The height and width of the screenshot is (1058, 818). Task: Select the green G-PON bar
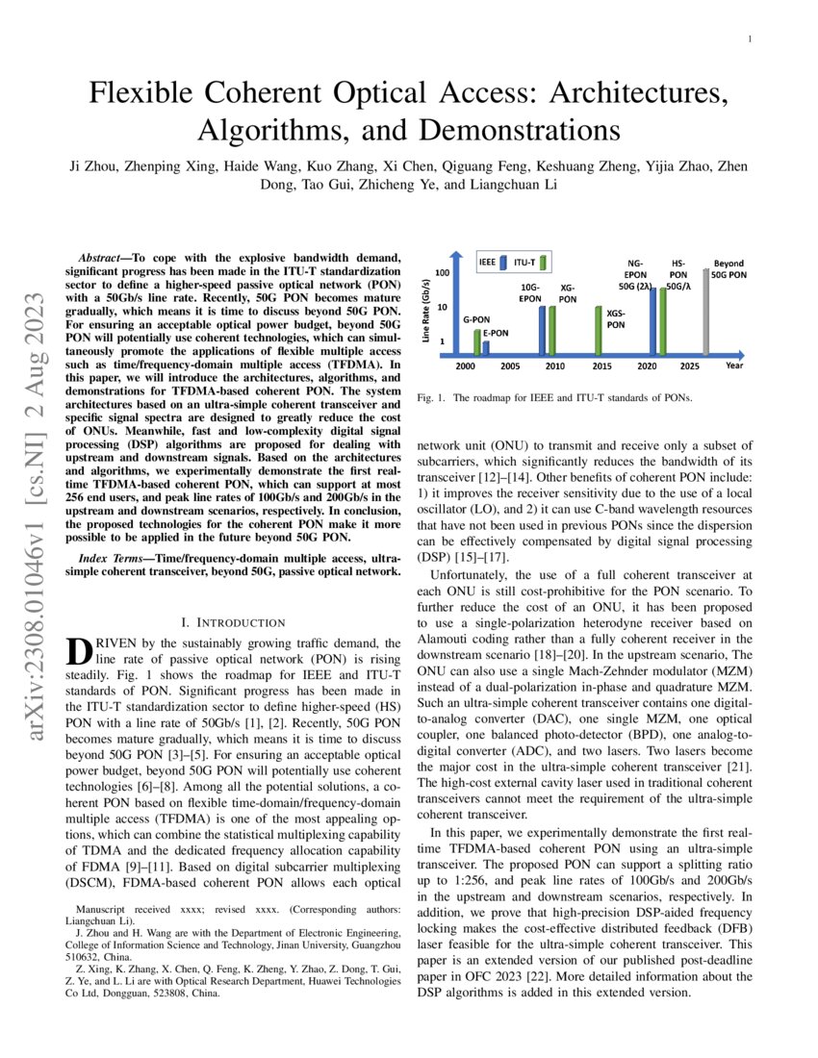476,342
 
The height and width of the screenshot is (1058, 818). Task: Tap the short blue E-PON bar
486,348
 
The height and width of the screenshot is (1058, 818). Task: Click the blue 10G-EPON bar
542,330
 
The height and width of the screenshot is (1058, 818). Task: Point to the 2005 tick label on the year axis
510,366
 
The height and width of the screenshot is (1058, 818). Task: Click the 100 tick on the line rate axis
443,274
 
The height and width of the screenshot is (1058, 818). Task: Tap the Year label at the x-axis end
734,365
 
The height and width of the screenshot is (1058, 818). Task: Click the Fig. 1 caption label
430,397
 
